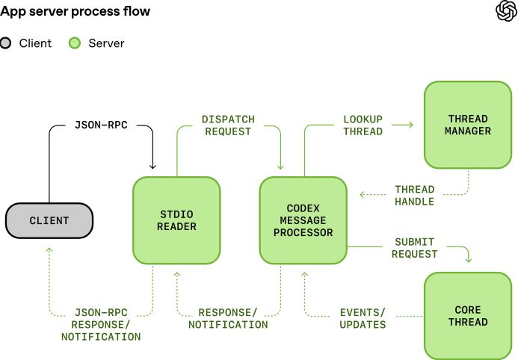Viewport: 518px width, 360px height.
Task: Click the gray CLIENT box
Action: (x=49, y=220)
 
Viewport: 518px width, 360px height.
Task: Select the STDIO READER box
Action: (x=176, y=220)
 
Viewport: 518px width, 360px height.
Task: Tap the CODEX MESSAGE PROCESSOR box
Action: (x=303, y=220)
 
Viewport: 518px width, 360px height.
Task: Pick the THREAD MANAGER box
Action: (x=468, y=125)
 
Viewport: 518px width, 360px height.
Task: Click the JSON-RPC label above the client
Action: (x=102, y=125)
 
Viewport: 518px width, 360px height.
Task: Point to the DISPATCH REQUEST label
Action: (x=228, y=125)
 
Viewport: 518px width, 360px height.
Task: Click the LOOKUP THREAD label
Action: (x=363, y=125)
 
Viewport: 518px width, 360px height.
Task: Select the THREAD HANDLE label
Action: (x=415, y=195)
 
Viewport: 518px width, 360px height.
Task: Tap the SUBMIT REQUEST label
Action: (x=415, y=248)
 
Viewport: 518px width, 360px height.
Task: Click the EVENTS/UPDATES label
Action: (x=363, y=318)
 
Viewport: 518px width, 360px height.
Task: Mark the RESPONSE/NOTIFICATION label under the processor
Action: (x=228, y=318)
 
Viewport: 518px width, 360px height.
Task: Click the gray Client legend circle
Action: (x=6, y=43)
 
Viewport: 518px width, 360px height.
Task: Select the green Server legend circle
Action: (x=75, y=43)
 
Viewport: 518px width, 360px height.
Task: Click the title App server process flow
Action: (x=75, y=11)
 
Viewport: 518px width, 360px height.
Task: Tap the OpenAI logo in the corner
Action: (x=505, y=11)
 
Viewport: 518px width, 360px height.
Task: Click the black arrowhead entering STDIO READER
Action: (x=153, y=166)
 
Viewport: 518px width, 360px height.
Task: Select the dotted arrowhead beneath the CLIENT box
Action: (x=49, y=251)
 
